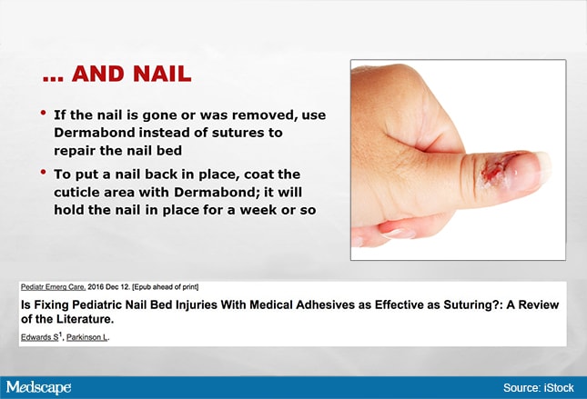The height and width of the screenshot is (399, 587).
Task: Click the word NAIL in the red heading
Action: [x=162, y=74]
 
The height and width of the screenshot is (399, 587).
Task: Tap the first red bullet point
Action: [x=44, y=113]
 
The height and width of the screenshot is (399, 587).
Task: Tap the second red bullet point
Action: [x=44, y=172]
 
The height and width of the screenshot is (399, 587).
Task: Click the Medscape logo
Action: [x=38, y=387]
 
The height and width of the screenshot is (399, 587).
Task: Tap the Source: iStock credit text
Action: [x=539, y=388]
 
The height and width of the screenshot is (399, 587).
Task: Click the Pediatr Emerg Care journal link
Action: [x=53, y=287]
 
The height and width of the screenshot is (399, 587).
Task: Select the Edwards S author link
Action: [x=40, y=337]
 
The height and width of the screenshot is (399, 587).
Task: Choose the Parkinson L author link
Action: [x=86, y=337]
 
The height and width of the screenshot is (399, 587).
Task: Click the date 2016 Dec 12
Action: [x=109, y=287]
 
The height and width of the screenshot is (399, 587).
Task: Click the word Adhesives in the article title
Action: [x=325, y=304]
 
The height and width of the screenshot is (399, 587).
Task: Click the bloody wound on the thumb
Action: [x=496, y=169]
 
